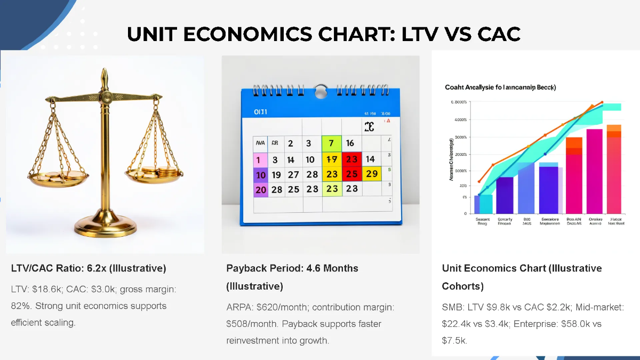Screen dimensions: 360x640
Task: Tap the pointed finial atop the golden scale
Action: pyautogui.click(x=105, y=74)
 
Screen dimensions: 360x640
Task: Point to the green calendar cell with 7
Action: pyautogui.click(x=331, y=143)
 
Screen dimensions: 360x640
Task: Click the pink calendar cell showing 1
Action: pyautogui.click(x=260, y=159)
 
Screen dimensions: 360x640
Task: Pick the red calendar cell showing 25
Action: pyautogui.click(x=351, y=174)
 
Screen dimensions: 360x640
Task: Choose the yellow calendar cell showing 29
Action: pyautogui.click(x=372, y=174)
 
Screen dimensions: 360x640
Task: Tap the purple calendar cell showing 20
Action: pyautogui.click(x=260, y=189)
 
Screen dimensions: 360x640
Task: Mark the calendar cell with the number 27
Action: pyautogui.click(x=293, y=174)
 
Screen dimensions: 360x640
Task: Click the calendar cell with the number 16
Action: pyautogui.click(x=350, y=143)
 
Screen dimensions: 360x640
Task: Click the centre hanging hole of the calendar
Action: pyautogui.click(x=321, y=91)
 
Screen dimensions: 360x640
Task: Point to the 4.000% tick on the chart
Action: pyautogui.click(x=459, y=119)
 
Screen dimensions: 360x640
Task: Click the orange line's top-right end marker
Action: pyautogui.click(x=602, y=102)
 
